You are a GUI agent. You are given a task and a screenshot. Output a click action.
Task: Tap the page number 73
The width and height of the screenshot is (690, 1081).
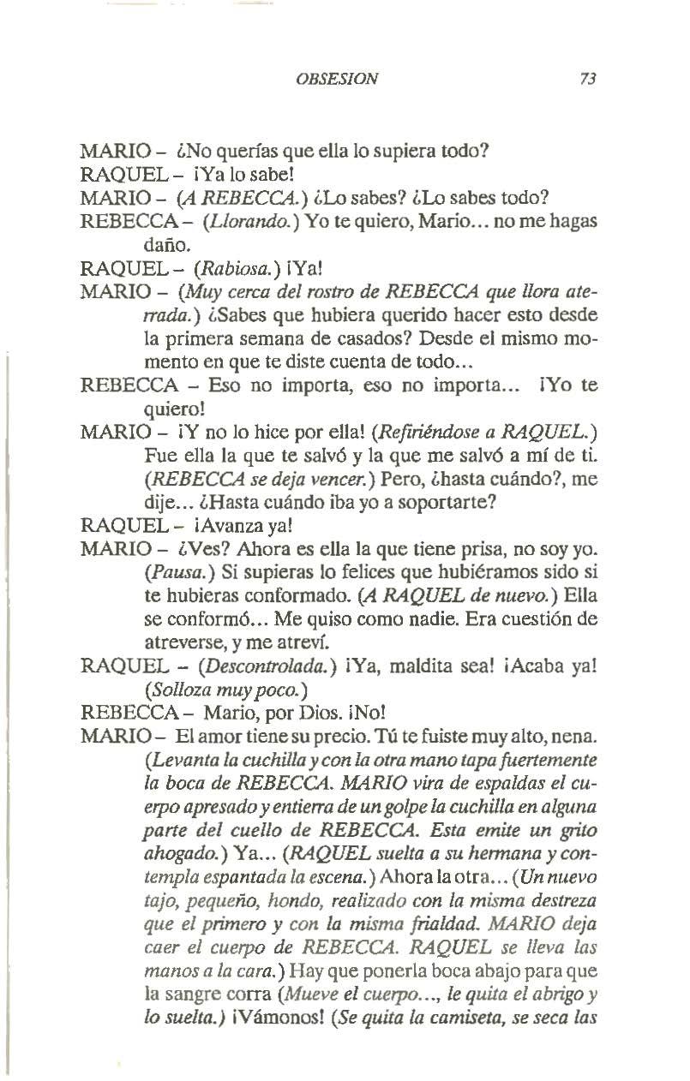click(x=587, y=79)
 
